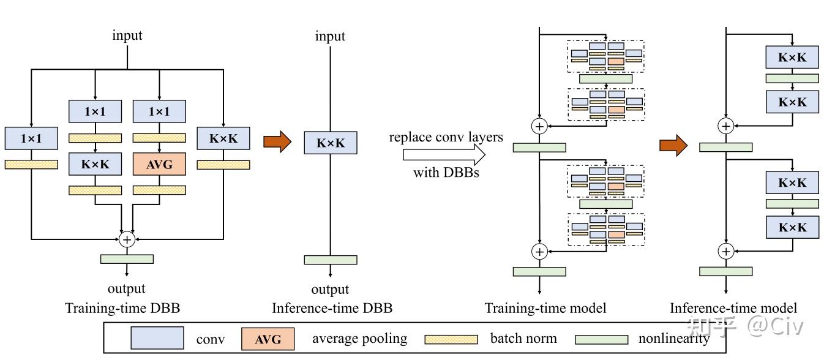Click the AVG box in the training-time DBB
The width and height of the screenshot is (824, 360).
[x=159, y=163]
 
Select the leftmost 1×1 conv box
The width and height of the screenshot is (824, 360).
[x=31, y=138]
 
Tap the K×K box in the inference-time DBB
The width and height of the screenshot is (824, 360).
[x=331, y=143]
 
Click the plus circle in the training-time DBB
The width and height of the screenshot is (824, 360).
[x=127, y=239]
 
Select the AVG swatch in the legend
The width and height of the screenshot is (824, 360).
[x=268, y=339]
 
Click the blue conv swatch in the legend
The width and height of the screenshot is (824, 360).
[x=157, y=338]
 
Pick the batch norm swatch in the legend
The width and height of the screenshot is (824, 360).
[x=451, y=339]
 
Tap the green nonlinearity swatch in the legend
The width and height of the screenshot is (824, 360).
[x=602, y=339]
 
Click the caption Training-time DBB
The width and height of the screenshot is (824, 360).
[x=122, y=308]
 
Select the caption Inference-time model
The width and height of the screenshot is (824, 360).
[x=733, y=308]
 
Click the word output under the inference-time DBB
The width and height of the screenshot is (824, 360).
[x=330, y=289]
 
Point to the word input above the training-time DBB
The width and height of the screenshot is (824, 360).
[x=127, y=35]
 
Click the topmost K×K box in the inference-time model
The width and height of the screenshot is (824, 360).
[x=792, y=58]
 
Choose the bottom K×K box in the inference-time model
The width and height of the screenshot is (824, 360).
[x=792, y=227]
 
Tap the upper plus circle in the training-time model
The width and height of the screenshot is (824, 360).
[x=539, y=126]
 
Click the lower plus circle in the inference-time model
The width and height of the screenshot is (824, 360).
[x=725, y=251]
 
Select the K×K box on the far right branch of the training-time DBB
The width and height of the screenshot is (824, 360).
[x=223, y=138]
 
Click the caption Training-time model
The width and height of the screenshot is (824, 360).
[x=545, y=308]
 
